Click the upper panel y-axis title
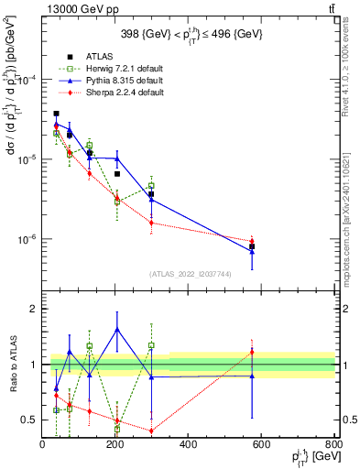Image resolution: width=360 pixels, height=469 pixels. [13, 137]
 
